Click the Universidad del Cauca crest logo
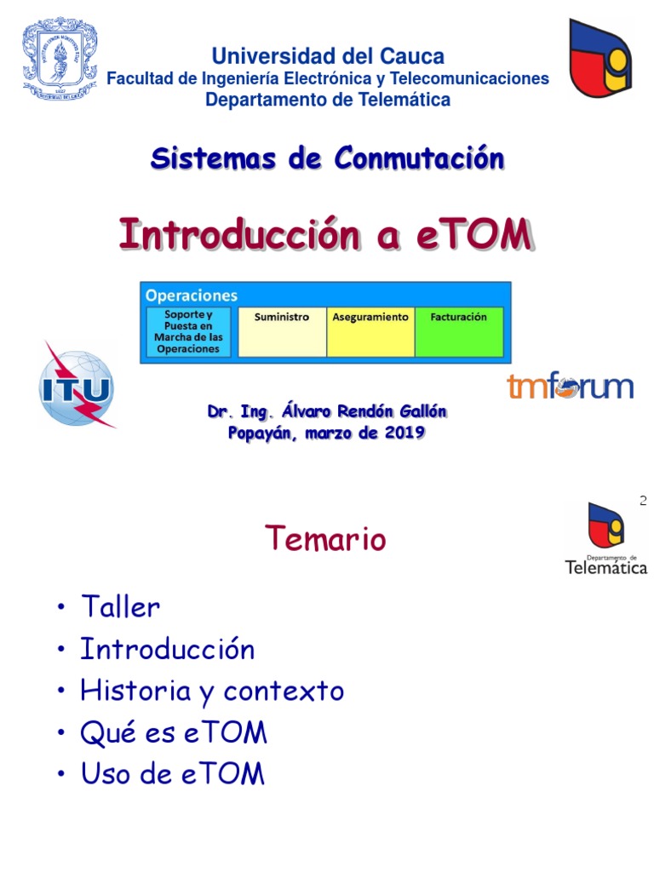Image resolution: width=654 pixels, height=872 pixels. point(60,60)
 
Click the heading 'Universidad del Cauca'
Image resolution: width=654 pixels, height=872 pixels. point(328,57)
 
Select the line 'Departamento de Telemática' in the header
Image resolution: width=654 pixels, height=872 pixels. point(328,100)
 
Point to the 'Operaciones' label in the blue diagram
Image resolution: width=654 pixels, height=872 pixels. point(192,295)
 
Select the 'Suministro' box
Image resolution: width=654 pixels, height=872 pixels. point(282,331)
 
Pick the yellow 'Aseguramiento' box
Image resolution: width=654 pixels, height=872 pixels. point(370,331)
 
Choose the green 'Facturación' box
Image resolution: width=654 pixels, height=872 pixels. point(459,331)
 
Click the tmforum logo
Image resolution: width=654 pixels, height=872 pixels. point(570,387)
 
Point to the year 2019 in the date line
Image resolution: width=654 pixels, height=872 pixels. point(406,433)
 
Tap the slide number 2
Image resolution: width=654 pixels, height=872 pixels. point(643,502)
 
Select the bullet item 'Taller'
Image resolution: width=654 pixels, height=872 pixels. point(120,607)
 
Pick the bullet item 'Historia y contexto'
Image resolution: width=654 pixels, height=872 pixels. point(212,691)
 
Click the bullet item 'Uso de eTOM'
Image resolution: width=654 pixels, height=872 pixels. point(173,774)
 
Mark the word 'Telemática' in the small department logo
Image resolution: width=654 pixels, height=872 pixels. point(606,566)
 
